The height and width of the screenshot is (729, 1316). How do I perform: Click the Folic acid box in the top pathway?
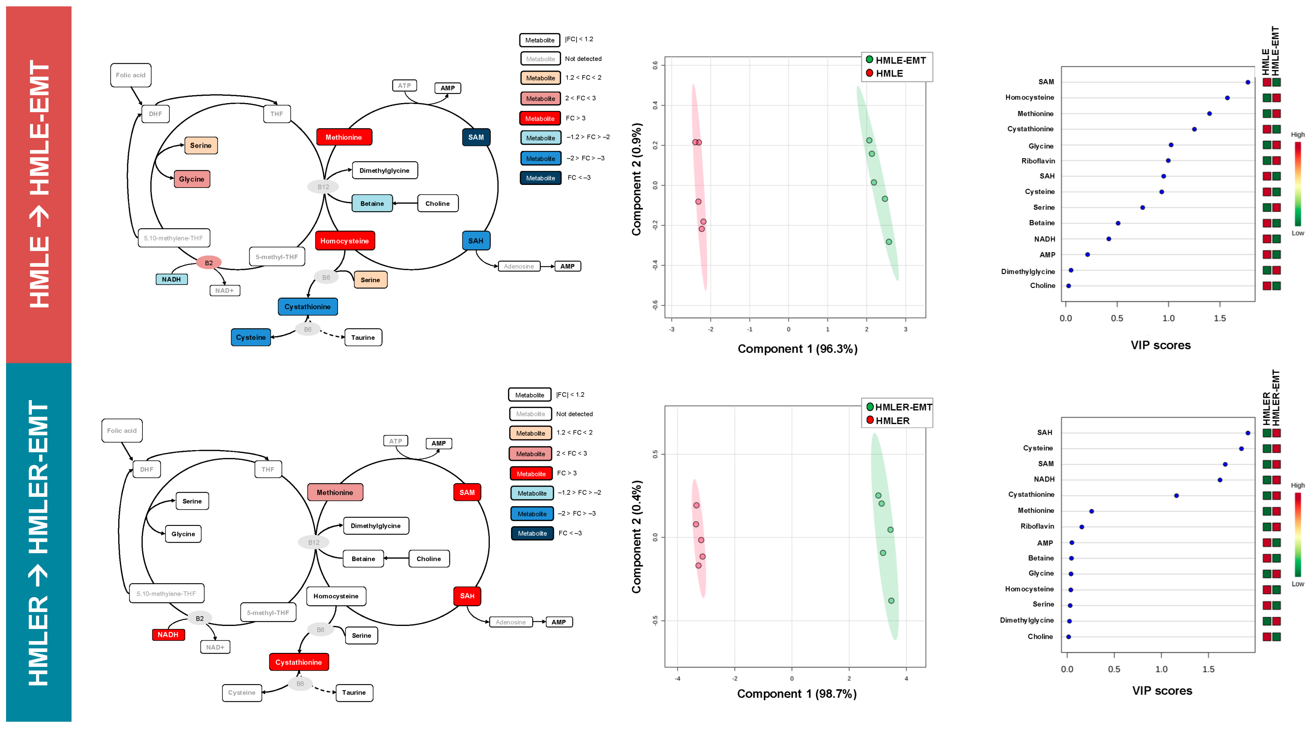click(x=130, y=75)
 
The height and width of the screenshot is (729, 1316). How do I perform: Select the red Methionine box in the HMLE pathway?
click(x=344, y=137)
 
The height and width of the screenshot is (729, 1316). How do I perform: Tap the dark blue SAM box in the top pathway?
click(x=476, y=137)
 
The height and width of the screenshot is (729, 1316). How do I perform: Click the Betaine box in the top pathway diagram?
click(x=372, y=203)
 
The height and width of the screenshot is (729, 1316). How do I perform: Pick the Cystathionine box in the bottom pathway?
click(x=299, y=662)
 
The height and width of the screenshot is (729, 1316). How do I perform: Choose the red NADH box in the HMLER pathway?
click(x=168, y=635)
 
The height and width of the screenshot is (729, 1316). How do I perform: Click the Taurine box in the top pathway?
click(x=363, y=337)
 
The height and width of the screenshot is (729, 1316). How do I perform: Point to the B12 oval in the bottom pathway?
click(x=314, y=542)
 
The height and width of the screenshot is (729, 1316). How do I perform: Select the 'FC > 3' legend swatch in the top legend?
click(x=540, y=119)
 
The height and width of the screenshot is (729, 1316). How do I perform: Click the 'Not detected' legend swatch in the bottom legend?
click(x=530, y=414)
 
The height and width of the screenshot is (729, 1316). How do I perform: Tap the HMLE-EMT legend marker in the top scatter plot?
click(x=869, y=60)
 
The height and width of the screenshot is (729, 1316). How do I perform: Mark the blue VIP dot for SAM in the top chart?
click(x=1247, y=82)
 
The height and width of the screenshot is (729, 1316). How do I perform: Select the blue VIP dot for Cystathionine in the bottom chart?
click(x=1176, y=496)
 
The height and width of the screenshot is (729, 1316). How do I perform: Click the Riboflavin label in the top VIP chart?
click(x=1038, y=161)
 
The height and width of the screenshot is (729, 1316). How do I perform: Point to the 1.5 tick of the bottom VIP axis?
click(x=1208, y=669)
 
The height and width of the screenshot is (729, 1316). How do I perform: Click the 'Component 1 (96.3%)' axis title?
click(x=797, y=349)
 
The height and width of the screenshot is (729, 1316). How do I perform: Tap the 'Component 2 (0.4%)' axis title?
click(x=636, y=537)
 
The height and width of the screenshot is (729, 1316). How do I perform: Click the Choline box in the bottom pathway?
click(x=428, y=559)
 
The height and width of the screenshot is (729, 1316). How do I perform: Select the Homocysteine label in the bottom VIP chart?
click(x=1029, y=589)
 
